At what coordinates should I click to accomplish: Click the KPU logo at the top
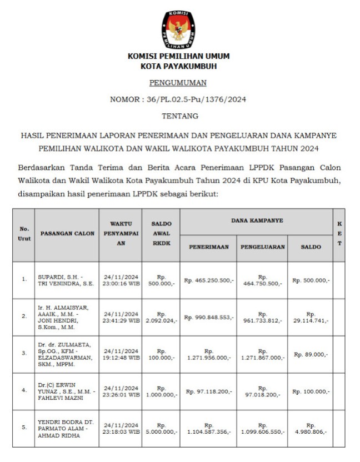click(178, 29)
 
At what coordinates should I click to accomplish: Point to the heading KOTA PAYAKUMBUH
click(178, 66)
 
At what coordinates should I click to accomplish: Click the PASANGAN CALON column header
click(67, 233)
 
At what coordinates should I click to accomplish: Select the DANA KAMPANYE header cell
click(257, 220)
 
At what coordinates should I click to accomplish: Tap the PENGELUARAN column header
click(263, 247)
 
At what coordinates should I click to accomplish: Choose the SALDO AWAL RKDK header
click(161, 233)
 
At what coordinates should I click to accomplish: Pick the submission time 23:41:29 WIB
click(121, 320)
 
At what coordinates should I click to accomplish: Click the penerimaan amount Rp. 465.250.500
click(208, 280)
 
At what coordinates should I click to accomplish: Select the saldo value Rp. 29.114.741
click(310, 317)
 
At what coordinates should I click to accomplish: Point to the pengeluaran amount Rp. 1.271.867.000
click(263, 354)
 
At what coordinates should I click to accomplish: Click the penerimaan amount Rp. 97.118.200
click(208, 391)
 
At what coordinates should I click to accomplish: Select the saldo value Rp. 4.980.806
click(310, 428)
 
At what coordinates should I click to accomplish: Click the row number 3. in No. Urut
click(24, 353)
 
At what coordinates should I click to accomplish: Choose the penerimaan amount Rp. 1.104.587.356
click(208, 428)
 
